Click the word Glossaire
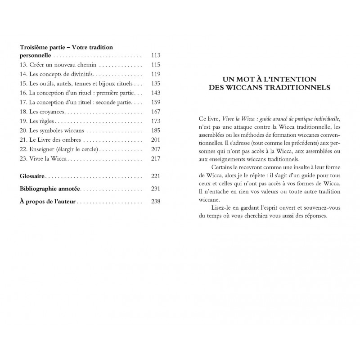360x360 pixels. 35,162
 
